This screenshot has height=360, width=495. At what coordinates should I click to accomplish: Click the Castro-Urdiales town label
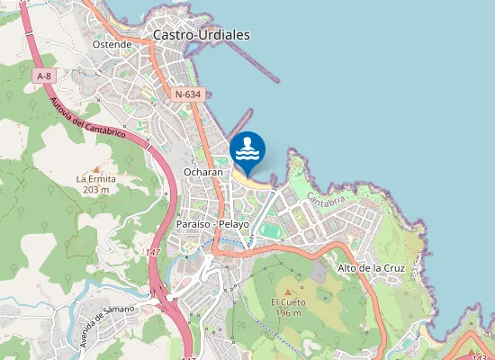click(201, 35)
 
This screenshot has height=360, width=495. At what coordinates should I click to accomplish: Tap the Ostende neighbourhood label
click(112, 43)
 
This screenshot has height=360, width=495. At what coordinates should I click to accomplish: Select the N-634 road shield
click(188, 94)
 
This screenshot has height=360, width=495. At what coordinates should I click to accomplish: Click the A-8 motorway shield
click(43, 76)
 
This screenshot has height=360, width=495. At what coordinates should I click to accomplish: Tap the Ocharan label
click(202, 171)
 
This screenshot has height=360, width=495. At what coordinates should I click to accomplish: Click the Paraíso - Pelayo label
click(213, 223)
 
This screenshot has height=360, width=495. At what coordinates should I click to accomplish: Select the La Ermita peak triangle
click(96, 168)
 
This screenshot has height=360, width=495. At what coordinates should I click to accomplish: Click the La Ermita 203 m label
click(96, 184)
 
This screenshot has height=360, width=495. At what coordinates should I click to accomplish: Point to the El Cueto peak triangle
click(288, 291)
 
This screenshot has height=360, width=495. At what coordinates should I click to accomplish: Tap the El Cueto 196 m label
click(288, 307)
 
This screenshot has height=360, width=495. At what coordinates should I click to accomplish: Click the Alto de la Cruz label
click(371, 268)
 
